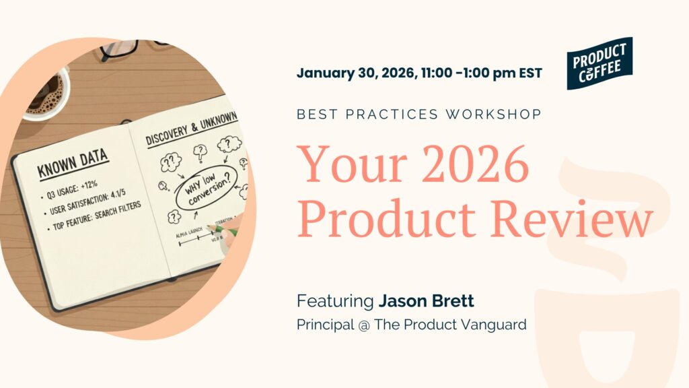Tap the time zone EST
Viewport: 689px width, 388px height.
coord(530,73)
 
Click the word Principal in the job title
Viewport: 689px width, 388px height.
coord(324,325)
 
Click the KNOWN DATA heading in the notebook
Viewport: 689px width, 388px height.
coord(73,162)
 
